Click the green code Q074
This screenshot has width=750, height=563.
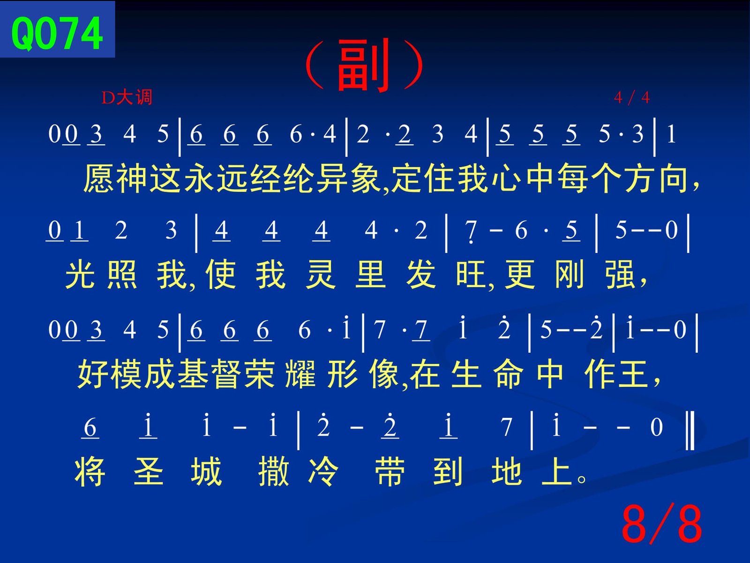[x=57, y=34]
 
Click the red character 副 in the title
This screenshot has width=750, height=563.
[x=364, y=65]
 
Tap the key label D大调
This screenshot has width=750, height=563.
[x=127, y=97]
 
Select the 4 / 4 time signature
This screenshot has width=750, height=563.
[x=632, y=97]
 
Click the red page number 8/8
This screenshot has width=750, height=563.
[x=662, y=524]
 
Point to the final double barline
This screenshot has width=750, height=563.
[x=690, y=430]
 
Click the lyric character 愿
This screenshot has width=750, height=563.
[x=98, y=178]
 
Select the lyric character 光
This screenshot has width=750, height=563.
[x=80, y=275]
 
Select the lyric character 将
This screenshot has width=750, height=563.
[x=90, y=472]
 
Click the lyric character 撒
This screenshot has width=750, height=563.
[x=273, y=472]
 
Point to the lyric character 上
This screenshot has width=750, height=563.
[x=557, y=472]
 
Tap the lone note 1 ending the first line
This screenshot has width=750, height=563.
[x=671, y=133]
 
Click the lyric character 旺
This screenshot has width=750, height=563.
[x=471, y=275]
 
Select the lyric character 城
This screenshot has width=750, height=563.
[x=206, y=472]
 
